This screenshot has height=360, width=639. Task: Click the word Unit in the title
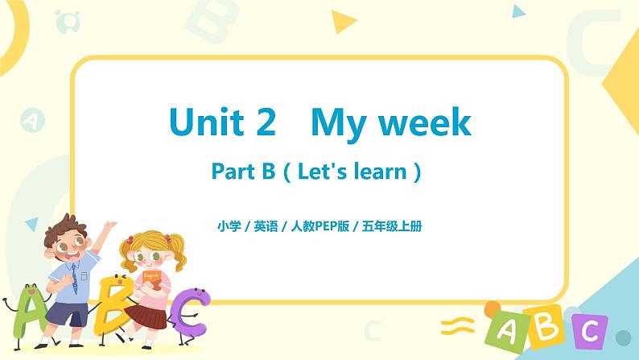click(205, 122)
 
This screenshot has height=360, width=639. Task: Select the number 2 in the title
click(265, 122)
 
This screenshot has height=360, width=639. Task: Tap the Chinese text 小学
click(229, 226)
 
